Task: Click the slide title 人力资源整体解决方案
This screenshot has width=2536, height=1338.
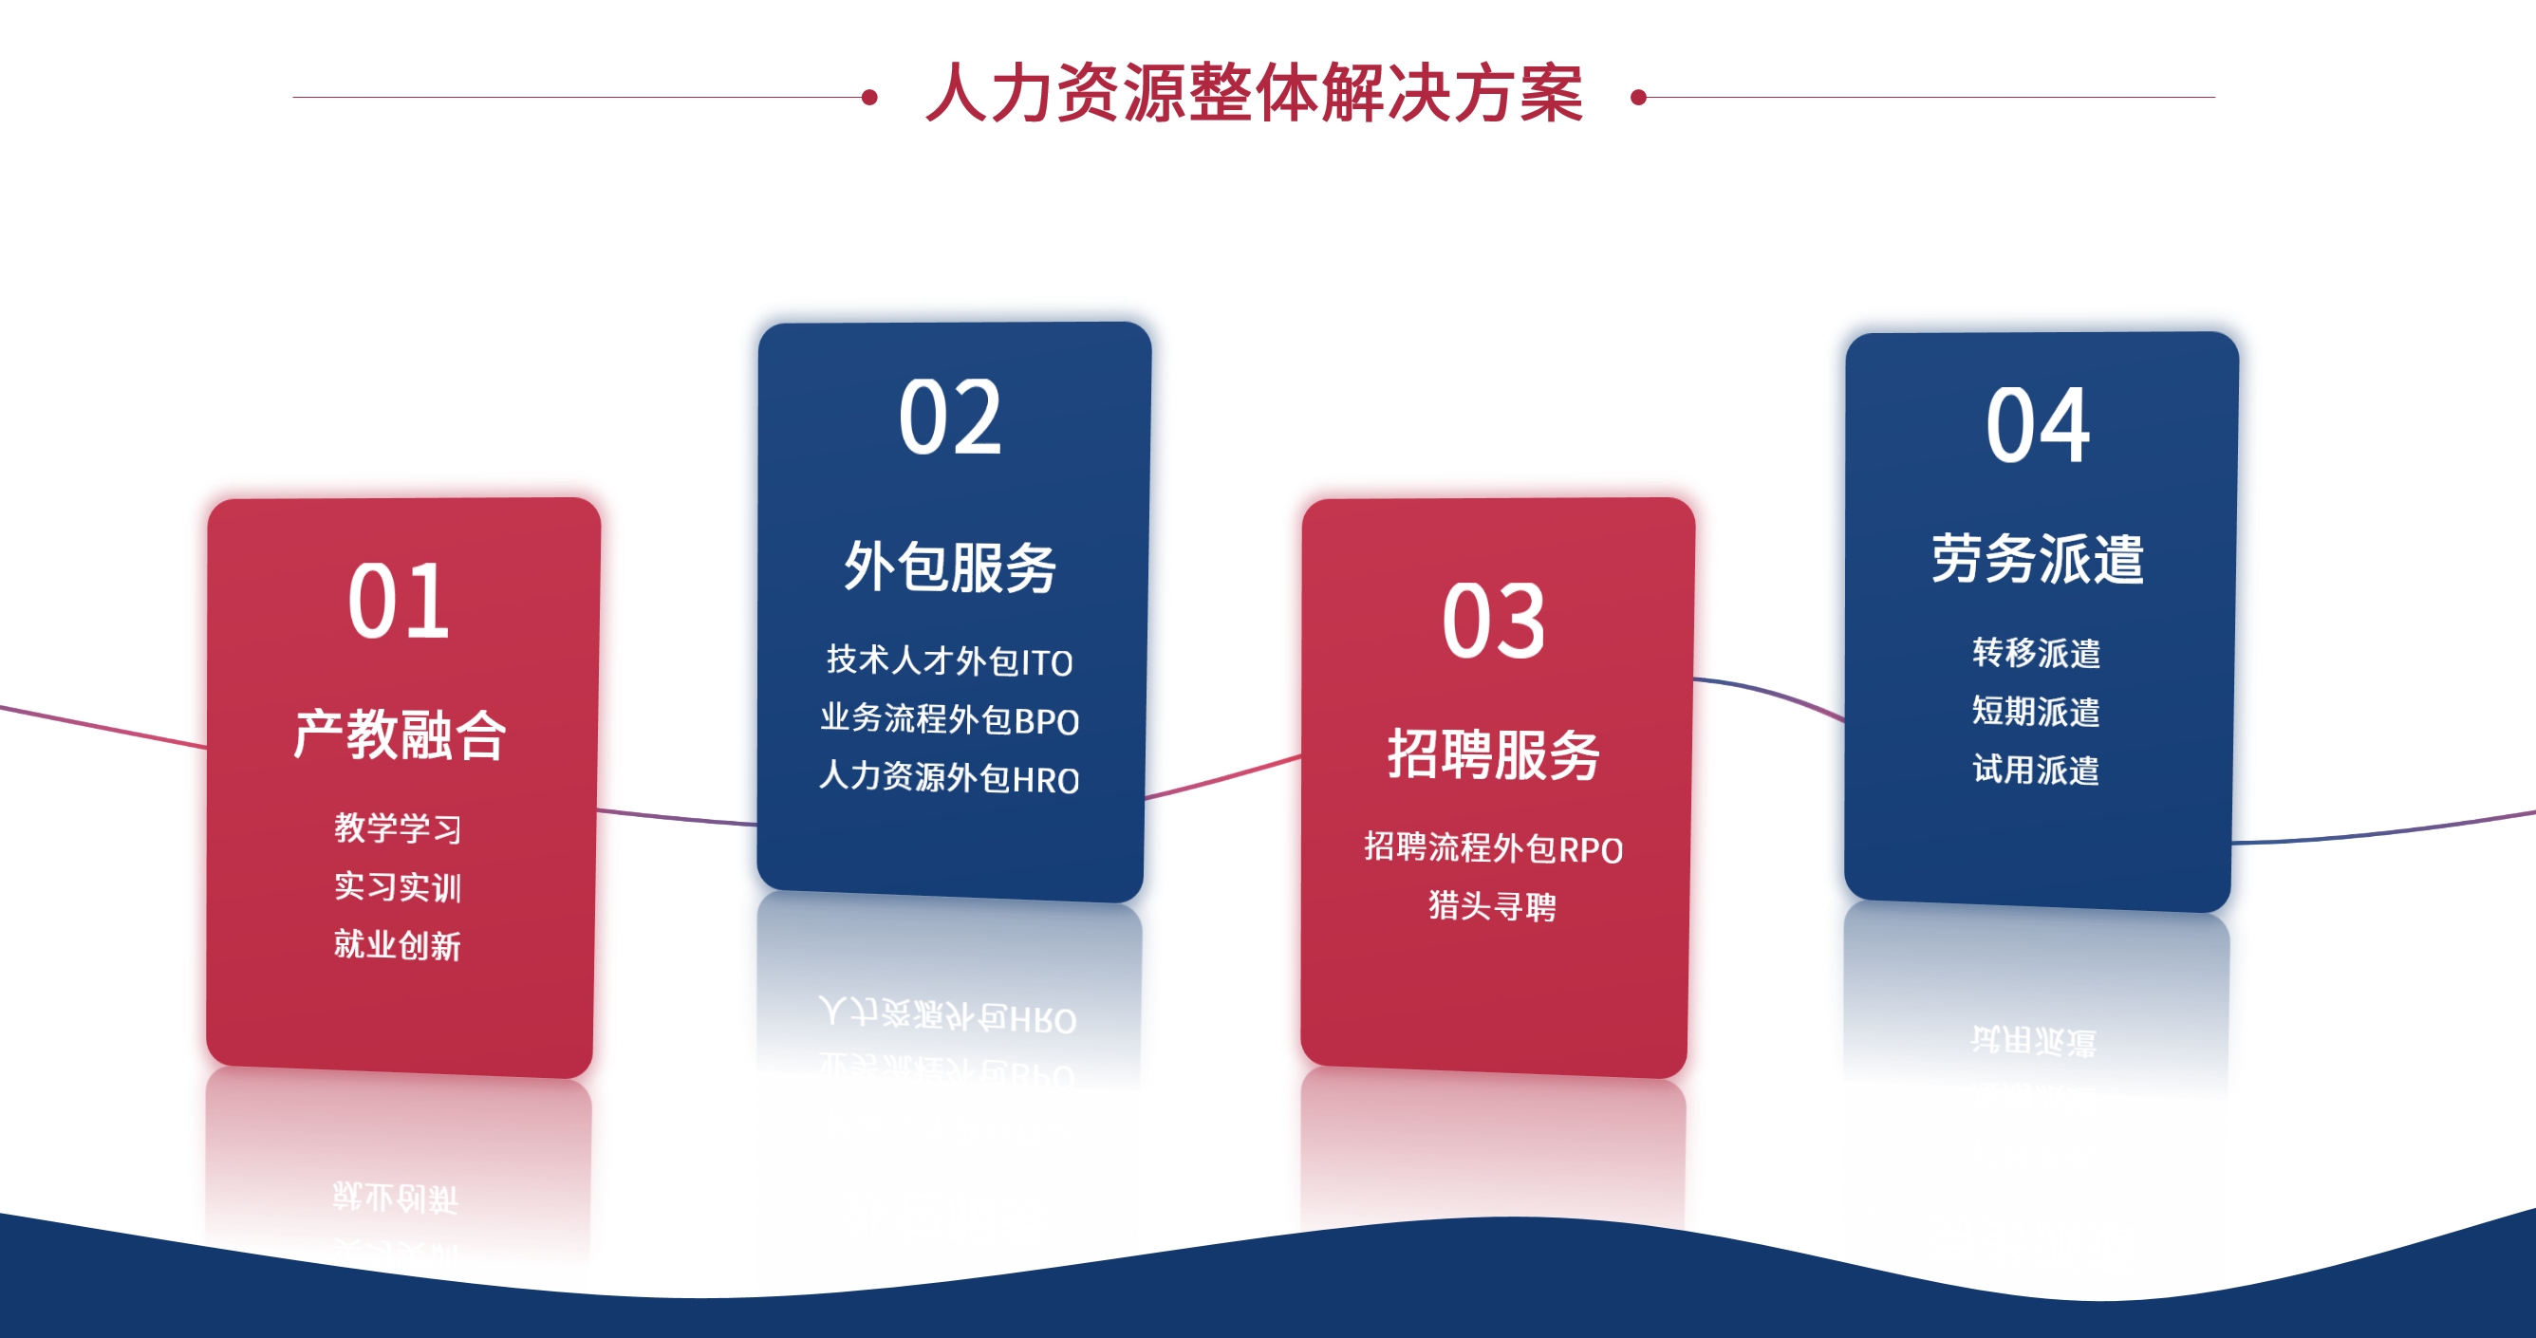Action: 1254,94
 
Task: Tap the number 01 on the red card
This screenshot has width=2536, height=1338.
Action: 399,601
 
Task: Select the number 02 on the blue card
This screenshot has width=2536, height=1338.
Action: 950,418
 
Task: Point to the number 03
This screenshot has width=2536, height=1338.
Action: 1494,621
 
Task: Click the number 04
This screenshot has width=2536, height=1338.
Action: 2037,425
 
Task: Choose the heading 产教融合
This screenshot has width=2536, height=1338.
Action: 400,734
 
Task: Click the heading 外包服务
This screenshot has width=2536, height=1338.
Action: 950,567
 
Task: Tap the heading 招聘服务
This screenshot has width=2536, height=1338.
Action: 1494,755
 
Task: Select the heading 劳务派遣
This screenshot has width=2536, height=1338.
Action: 2037,559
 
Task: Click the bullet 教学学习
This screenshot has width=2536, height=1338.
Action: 398,828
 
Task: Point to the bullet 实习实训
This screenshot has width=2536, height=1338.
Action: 398,887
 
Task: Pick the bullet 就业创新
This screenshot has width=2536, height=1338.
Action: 398,945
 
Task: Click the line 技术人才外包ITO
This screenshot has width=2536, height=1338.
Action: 950,660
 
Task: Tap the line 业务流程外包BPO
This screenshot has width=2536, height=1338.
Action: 950,719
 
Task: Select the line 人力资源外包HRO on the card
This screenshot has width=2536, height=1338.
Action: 950,778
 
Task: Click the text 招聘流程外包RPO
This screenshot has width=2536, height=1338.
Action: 1494,847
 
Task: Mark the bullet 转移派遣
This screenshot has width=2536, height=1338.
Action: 2036,653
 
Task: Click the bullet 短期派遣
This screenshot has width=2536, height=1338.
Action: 2036,711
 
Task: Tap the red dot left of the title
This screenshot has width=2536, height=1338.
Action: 869,97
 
